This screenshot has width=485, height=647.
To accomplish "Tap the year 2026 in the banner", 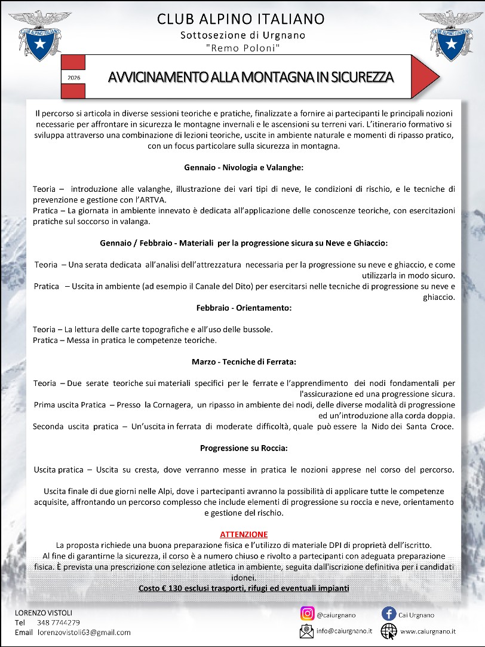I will coord(74,78).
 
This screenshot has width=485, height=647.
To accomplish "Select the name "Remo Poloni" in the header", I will coord(242,47).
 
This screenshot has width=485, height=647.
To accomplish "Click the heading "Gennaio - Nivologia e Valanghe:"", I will coord(243,167).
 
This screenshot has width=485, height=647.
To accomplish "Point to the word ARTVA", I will coord(154,200).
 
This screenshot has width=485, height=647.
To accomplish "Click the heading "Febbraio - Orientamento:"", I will coord(244,308).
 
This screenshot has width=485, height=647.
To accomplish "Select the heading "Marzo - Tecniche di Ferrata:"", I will coord(244,362).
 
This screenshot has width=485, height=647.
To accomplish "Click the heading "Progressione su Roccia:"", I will coord(244,447).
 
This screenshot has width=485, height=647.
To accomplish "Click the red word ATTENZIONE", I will coord(244,534).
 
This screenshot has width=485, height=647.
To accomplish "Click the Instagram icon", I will coord(307,614).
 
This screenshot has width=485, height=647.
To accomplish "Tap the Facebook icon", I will coord(389,614).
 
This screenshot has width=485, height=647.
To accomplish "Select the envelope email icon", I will coord(307,630).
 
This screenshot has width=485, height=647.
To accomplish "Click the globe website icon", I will coord(389,630).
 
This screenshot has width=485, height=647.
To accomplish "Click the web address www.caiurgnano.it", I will coord(428,631).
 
